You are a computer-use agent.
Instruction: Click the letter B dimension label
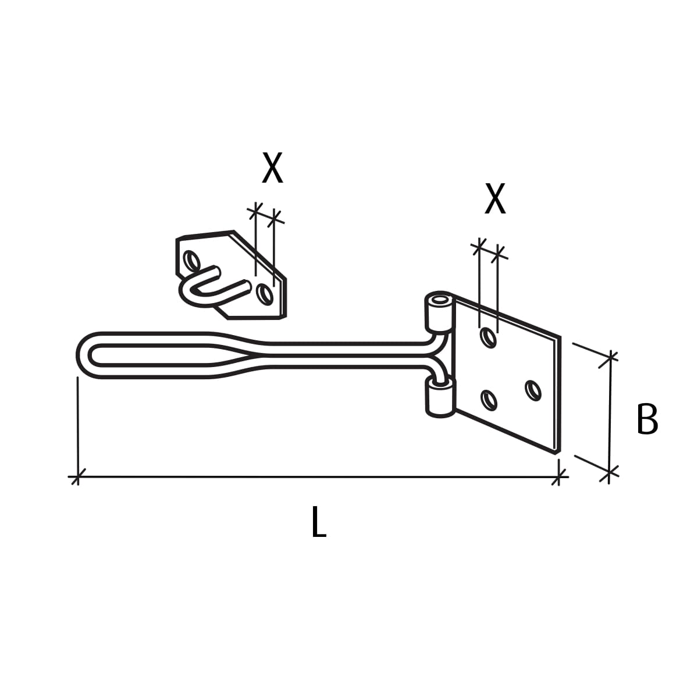pos(647,419)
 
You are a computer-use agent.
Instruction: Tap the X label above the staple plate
pos(272,168)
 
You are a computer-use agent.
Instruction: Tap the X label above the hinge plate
pos(495,199)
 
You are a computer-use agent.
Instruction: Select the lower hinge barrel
pos(440,397)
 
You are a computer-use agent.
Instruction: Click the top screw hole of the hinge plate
pos(489,337)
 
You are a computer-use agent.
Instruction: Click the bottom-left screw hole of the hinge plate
pos(489,400)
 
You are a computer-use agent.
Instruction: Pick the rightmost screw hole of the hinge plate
pos(533,390)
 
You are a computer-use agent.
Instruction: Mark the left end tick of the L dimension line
pos(77,478)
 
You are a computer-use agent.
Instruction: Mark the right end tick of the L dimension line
pos(559,478)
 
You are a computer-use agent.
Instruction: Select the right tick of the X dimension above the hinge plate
pos(498,254)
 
